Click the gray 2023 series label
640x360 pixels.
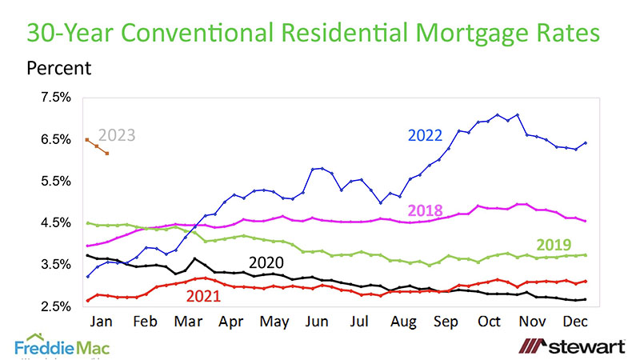[x=118, y=135]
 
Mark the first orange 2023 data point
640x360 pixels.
[x=86, y=140]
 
